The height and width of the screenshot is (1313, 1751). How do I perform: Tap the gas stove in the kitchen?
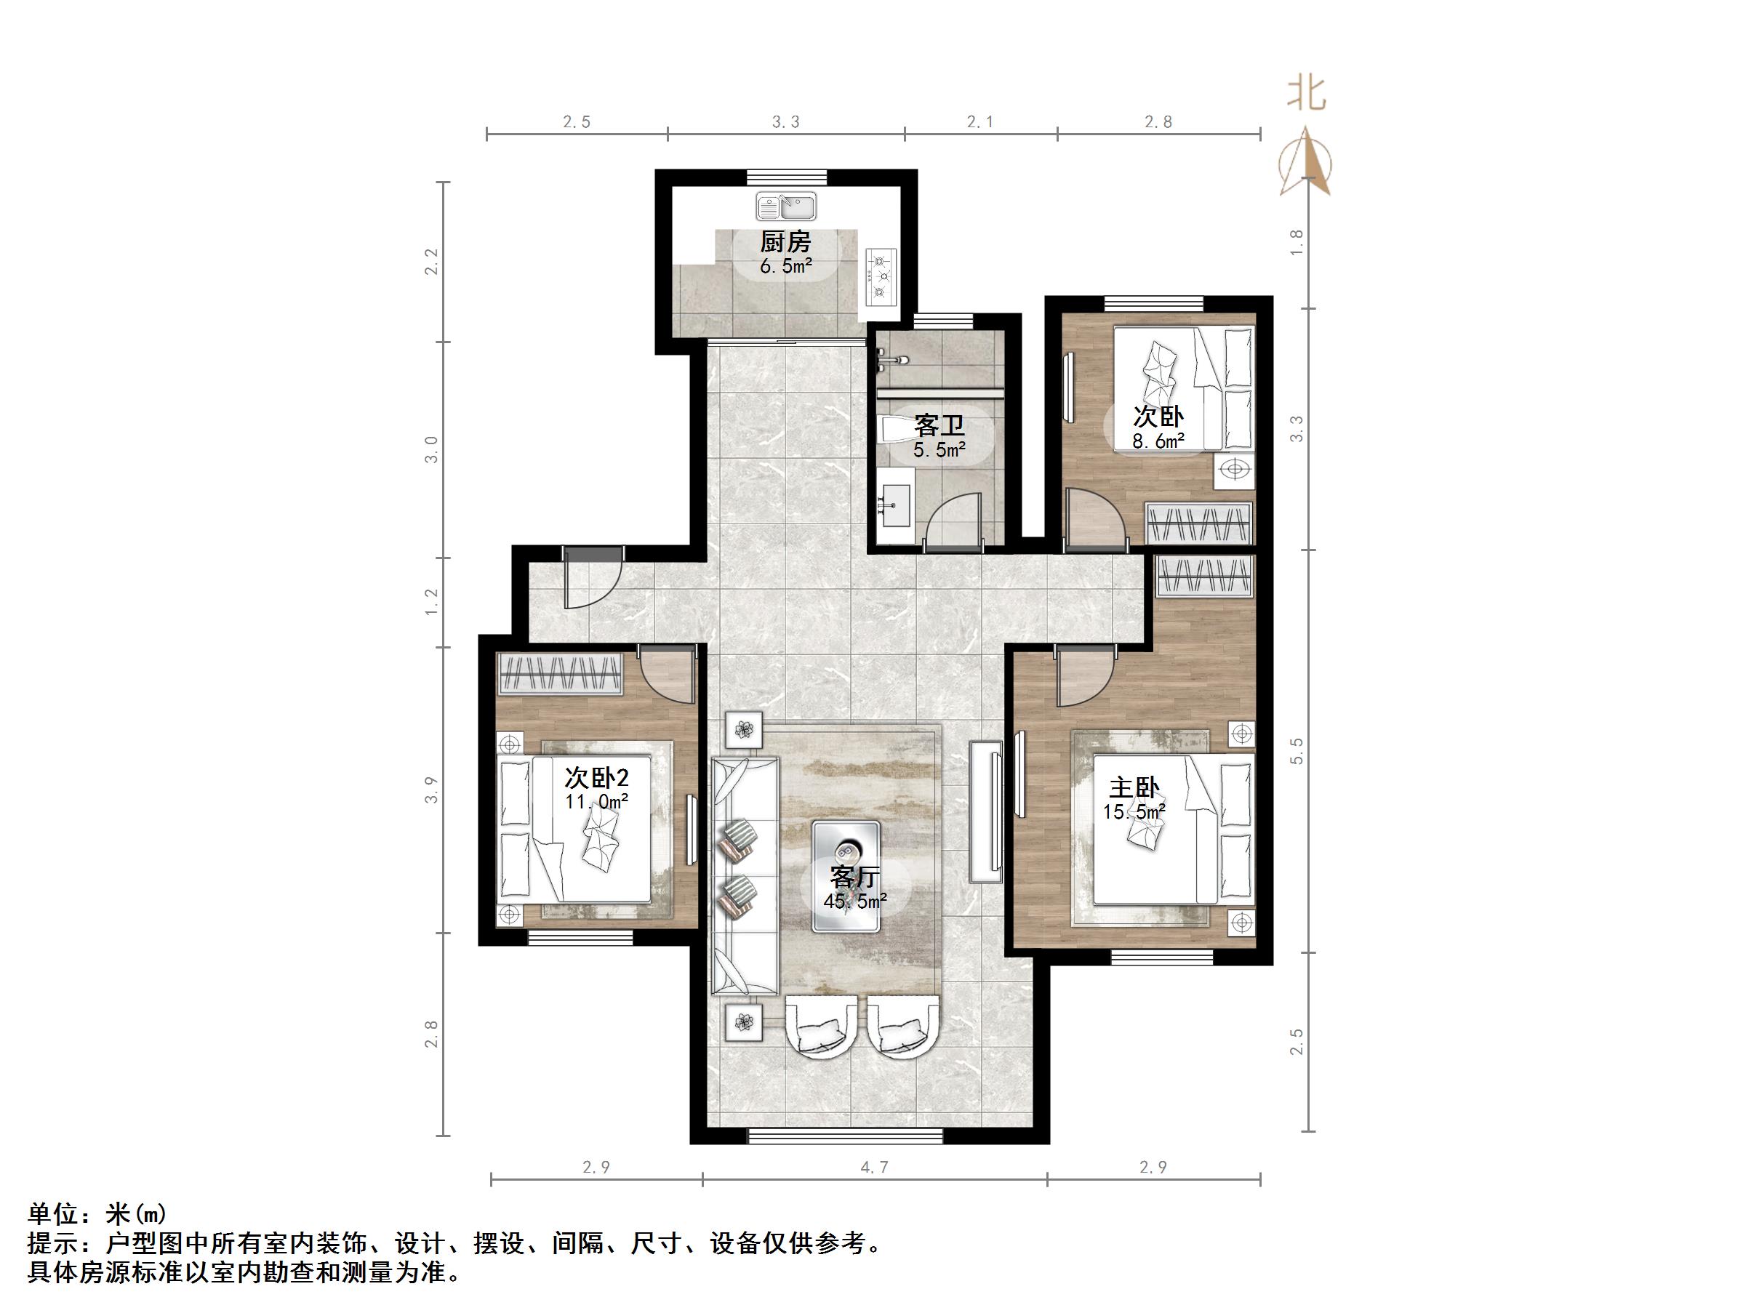[881, 276]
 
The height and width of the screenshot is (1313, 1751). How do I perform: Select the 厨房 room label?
[786, 241]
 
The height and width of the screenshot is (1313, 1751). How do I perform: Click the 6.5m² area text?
[786, 266]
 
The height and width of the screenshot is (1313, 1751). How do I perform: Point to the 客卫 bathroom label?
[939, 425]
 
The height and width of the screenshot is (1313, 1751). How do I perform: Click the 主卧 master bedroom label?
[1134, 787]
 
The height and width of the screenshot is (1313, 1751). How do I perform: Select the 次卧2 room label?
[596, 777]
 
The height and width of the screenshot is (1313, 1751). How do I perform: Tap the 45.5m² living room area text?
[855, 901]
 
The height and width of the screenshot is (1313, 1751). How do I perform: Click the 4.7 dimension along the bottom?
[874, 1167]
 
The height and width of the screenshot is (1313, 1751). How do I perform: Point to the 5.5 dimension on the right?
[1297, 751]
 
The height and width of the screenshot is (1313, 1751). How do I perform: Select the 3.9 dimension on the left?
[430, 790]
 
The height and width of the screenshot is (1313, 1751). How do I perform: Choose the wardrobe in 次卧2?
[561, 673]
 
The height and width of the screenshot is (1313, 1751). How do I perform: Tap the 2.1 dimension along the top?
[980, 122]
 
